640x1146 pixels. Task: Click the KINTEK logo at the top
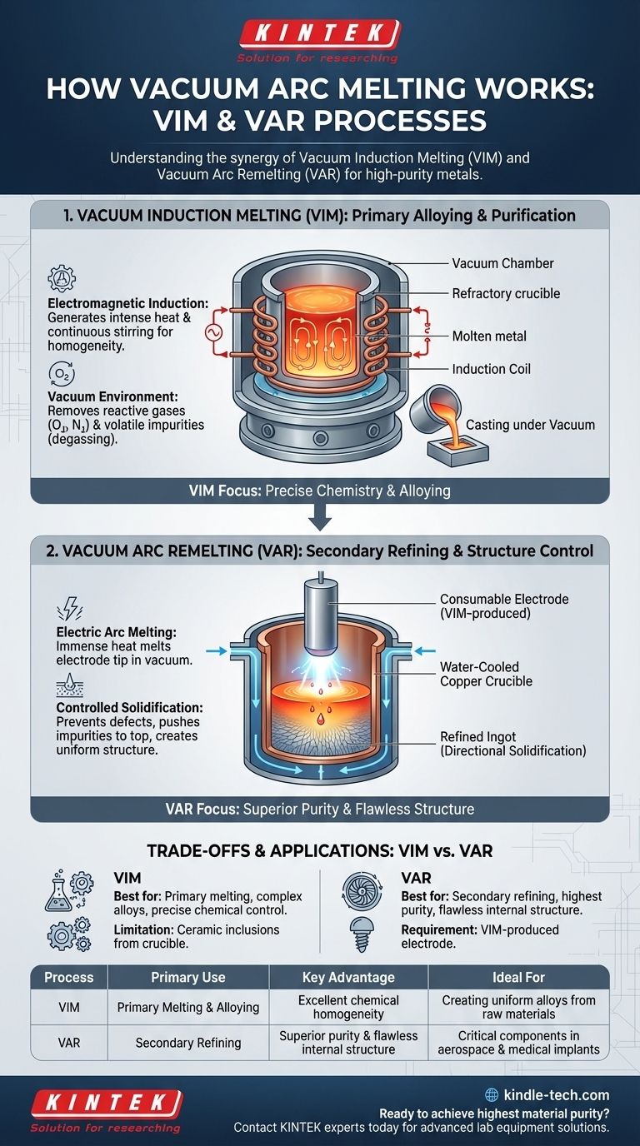coord(320,34)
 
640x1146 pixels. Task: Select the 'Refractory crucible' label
coord(506,293)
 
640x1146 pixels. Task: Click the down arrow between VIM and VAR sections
coord(320,521)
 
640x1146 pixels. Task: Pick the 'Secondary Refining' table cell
coord(188,1042)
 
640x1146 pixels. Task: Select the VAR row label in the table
coord(69,1042)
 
